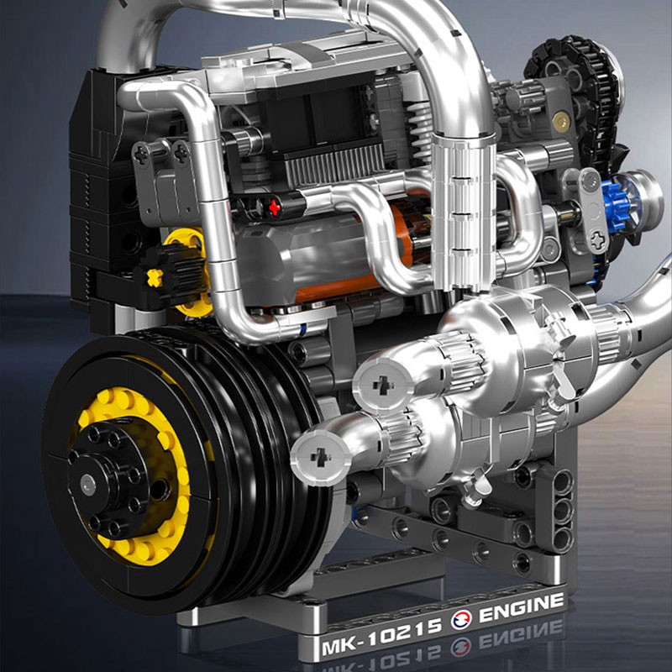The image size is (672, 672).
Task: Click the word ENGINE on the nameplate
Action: (x=521, y=608)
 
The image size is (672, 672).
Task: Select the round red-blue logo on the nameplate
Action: (x=460, y=620)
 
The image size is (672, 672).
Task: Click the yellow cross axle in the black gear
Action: (x=155, y=278)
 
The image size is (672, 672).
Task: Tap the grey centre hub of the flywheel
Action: (x=88, y=486)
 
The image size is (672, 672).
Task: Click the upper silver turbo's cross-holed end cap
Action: (x=382, y=386)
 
